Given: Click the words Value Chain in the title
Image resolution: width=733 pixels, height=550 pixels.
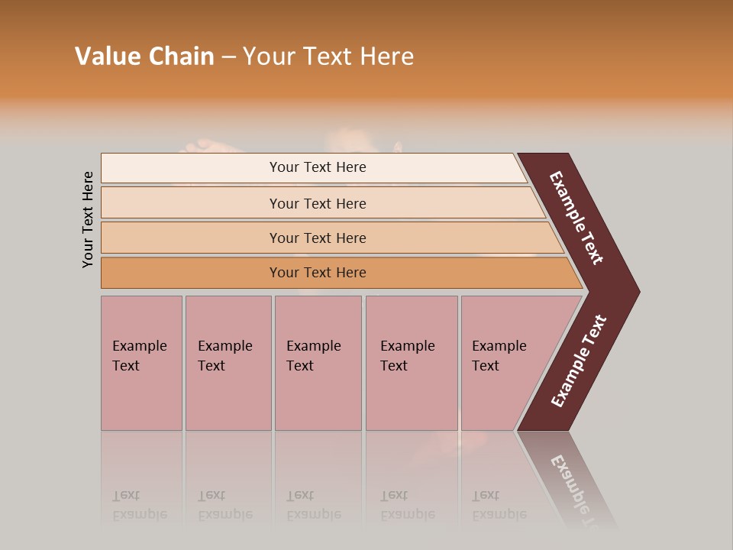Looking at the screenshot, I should point(144,56).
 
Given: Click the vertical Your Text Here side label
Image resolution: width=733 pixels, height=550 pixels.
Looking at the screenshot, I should point(88,219).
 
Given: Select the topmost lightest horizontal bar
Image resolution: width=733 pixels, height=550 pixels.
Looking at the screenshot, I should point(191,167).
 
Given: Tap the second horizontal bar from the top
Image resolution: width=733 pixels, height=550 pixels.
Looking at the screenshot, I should point(191,203).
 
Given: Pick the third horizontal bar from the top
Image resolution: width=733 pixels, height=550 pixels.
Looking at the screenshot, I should point(191,238).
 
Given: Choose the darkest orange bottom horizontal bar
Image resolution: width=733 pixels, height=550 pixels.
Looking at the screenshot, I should point(191,273).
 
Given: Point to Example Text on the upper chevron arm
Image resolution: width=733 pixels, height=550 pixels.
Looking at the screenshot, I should point(576,218).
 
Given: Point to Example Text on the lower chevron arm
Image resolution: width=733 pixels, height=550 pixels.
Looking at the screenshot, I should point(578,361).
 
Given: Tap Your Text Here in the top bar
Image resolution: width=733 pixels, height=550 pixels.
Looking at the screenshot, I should point(318,167).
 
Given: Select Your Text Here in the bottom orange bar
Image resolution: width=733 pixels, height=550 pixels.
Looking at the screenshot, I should point(318,273).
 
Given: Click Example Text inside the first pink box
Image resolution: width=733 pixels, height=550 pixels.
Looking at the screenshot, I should point(139,355).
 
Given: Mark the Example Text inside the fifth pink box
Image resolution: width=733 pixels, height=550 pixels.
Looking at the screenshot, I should point(499,355).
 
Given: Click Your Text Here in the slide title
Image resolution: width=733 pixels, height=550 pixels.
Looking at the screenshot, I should point(328,56).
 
